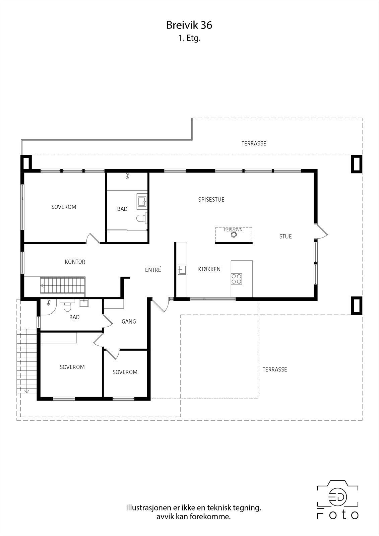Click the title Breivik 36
pyautogui.click(x=189, y=25)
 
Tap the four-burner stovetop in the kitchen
pyautogui.click(x=237, y=279)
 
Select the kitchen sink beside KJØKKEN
pyautogui.click(x=182, y=269)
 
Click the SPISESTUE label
pyautogui.click(x=211, y=200)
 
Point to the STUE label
pyautogui.click(x=286, y=237)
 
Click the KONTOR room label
pyautogui.click(x=75, y=262)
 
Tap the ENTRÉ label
pyautogui.click(x=153, y=270)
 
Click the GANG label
pyautogui.click(x=129, y=322)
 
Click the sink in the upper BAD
pyautogui.click(x=142, y=201)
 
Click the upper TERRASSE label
pyautogui.click(x=254, y=143)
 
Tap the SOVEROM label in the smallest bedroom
pyautogui.click(x=125, y=372)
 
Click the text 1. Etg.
pyautogui.click(x=189, y=38)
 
